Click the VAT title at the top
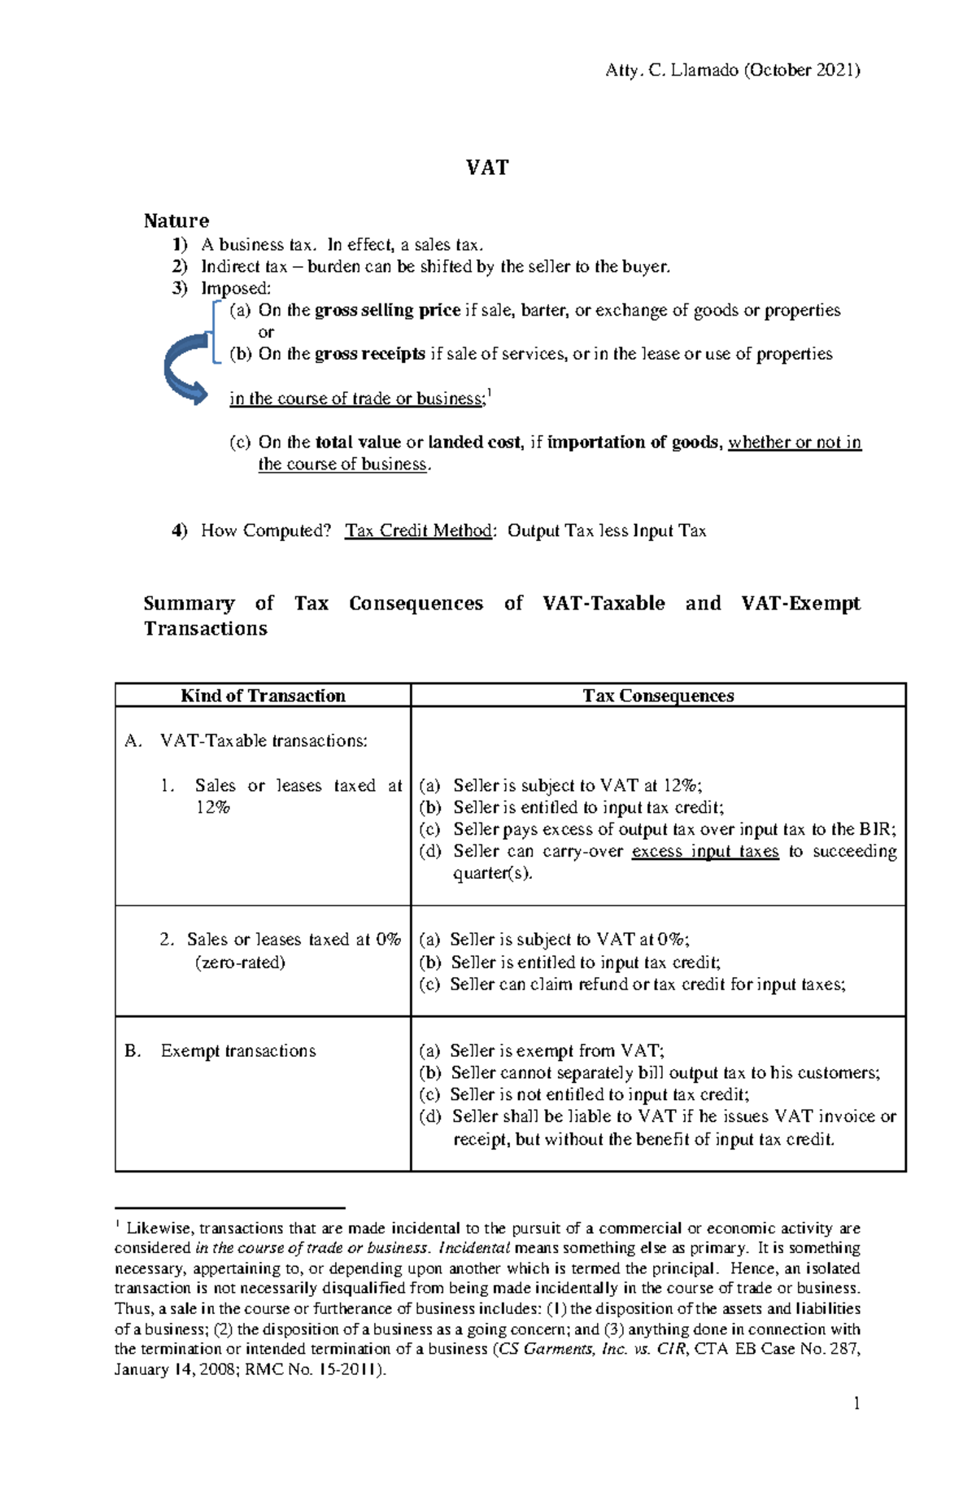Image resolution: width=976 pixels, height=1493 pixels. [487, 168]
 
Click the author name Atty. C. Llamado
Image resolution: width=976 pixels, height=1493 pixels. [672, 70]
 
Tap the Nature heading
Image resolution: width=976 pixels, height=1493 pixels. [176, 220]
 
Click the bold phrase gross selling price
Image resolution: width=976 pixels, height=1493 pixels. [387, 310]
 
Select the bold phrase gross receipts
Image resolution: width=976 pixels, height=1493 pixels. [369, 354]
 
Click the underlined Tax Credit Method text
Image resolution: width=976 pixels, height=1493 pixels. [418, 530]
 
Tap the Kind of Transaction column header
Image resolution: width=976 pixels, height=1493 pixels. [263, 696]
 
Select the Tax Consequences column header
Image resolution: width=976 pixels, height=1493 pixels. [658, 696]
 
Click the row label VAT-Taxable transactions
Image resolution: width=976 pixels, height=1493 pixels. [264, 740]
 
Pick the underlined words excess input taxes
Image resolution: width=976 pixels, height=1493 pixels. [704, 851]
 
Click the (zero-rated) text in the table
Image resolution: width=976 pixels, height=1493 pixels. [240, 963]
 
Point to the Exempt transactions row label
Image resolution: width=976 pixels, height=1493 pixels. [237, 1050]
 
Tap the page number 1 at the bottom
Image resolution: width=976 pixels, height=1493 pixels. [856, 1403]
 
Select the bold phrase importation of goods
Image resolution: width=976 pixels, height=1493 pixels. [633, 443]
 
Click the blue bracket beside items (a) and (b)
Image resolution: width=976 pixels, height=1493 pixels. [215, 332]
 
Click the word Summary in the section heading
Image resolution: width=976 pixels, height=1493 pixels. [189, 604]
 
